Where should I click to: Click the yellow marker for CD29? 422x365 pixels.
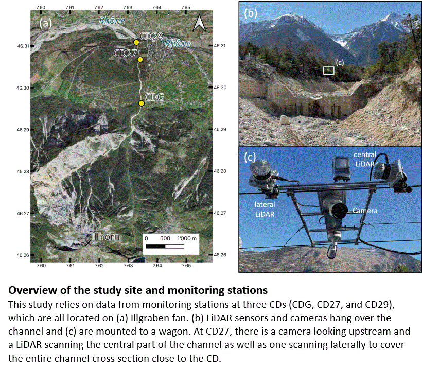[x=136, y=42]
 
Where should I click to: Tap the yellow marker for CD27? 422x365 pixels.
[x=140, y=60]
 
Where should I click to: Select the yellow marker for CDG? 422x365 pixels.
[x=142, y=103]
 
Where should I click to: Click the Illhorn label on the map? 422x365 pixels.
[x=105, y=237]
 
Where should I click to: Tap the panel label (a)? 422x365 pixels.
[x=46, y=23]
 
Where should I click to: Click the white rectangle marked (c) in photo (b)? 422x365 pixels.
[x=328, y=70]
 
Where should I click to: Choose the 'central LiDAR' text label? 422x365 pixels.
[x=365, y=159]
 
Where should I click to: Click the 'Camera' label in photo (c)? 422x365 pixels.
[x=365, y=211]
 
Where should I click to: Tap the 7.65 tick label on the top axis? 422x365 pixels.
[x=186, y=7]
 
